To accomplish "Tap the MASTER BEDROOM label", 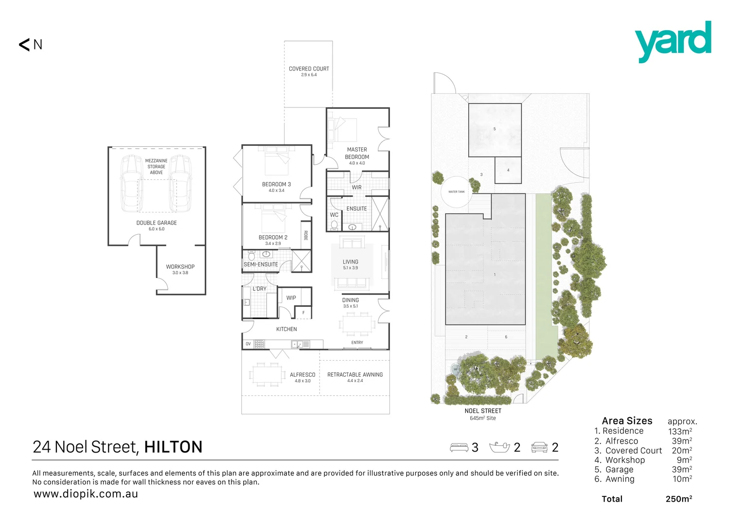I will (357, 154).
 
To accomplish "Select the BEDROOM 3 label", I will (276, 185).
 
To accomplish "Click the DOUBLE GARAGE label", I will (157, 223).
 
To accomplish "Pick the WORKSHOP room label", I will (180, 267).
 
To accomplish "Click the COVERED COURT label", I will (309, 69).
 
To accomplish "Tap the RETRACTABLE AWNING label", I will (355, 375).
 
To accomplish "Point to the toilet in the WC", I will (334, 225).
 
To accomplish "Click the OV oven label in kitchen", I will (248, 344).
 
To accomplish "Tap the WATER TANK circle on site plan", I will (456, 192).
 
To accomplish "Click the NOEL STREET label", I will (483, 411).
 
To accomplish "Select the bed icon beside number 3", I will (459, 447).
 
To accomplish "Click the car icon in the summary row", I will (539, 447).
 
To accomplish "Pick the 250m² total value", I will (679, 499).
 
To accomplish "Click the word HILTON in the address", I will (173, 447).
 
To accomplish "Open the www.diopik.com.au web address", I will (86, 494).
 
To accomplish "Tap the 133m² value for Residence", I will (680, 431).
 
